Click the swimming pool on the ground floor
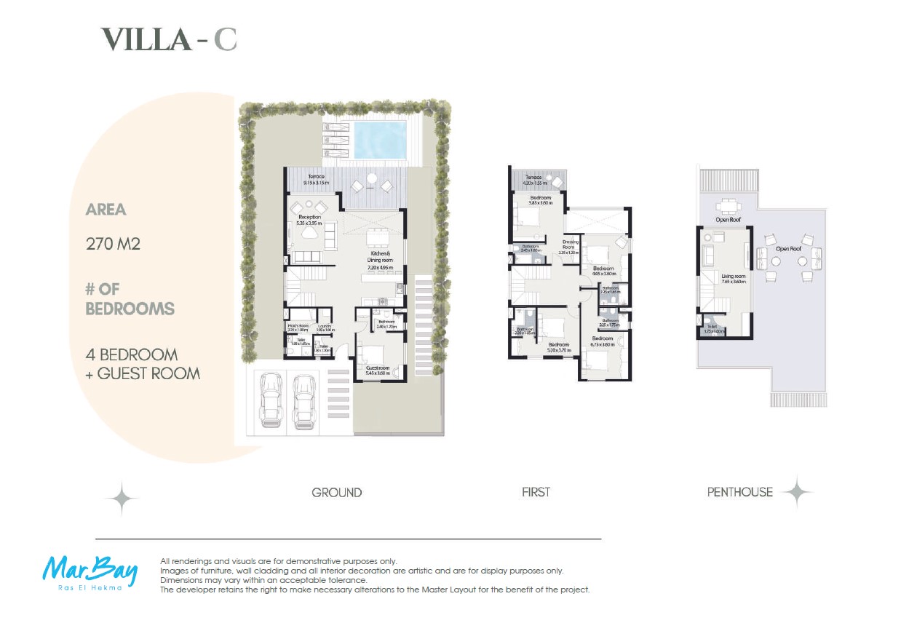pyautogui.click(x=379, y=139)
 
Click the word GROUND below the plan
pyautogui.click(x=336, y=493)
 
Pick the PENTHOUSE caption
pyautogui.click(x=739, y=493)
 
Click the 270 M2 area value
pyautogui.click(x=113, y=244)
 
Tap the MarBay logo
pyautogui.click(x=89, y=572)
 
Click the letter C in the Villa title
pyautogui.click(x=225, y=39)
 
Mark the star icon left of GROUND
pyautogui.click(x=122, y=499)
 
